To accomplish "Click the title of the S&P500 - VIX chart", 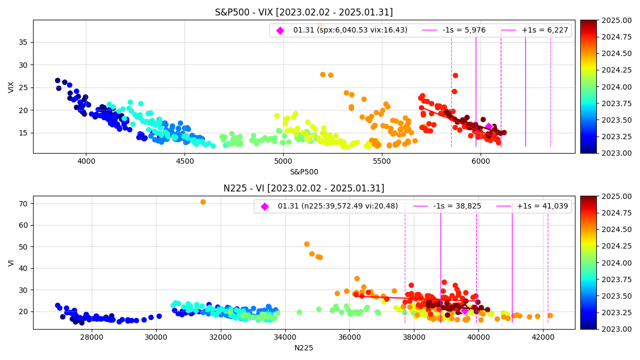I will [303, 12].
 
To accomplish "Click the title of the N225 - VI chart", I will [303, 188].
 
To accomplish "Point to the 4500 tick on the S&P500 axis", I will [185, 160].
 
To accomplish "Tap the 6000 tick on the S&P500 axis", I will [480, 160].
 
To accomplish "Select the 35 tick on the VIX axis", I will [25, 42].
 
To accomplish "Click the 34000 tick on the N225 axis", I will [285, 336].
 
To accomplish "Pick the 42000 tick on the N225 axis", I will [542, 336].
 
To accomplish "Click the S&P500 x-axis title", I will [303, 172].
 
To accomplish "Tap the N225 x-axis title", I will [303, 348].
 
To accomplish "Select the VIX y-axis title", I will [12, 87].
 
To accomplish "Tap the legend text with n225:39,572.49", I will [338, 206].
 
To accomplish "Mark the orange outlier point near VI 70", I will [203, 202].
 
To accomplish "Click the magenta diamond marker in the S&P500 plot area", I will [489, 126].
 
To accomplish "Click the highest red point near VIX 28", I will [455, 76].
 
